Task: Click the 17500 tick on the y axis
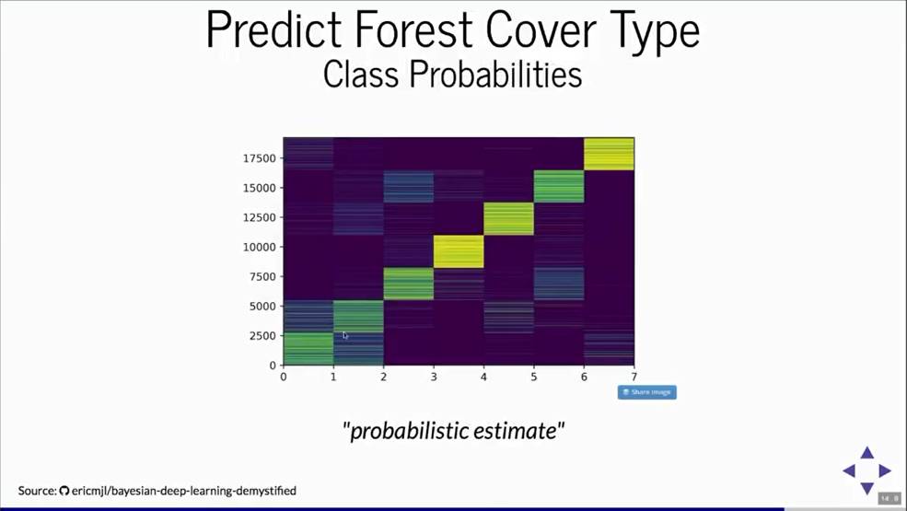tap(259, 158)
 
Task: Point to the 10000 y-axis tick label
tap(259, 247)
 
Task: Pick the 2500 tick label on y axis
tap(262, 336)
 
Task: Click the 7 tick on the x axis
tap(634, 377)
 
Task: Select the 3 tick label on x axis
tap(434, 377)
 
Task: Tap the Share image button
tap(646, 392)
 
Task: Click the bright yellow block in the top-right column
tap(609, 154)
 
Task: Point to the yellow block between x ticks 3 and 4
tap(459, 251)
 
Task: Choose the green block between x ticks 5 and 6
tap(559, 186)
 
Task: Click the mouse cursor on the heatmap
tap(344, 336)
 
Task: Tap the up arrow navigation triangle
tap(866, 453)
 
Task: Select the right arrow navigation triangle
tap(885, 470)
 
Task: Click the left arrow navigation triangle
tap(849, 470)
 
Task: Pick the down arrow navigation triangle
tap(866, 488)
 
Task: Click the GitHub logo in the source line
tap(64, 491)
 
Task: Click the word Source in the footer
tap(38, 491)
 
